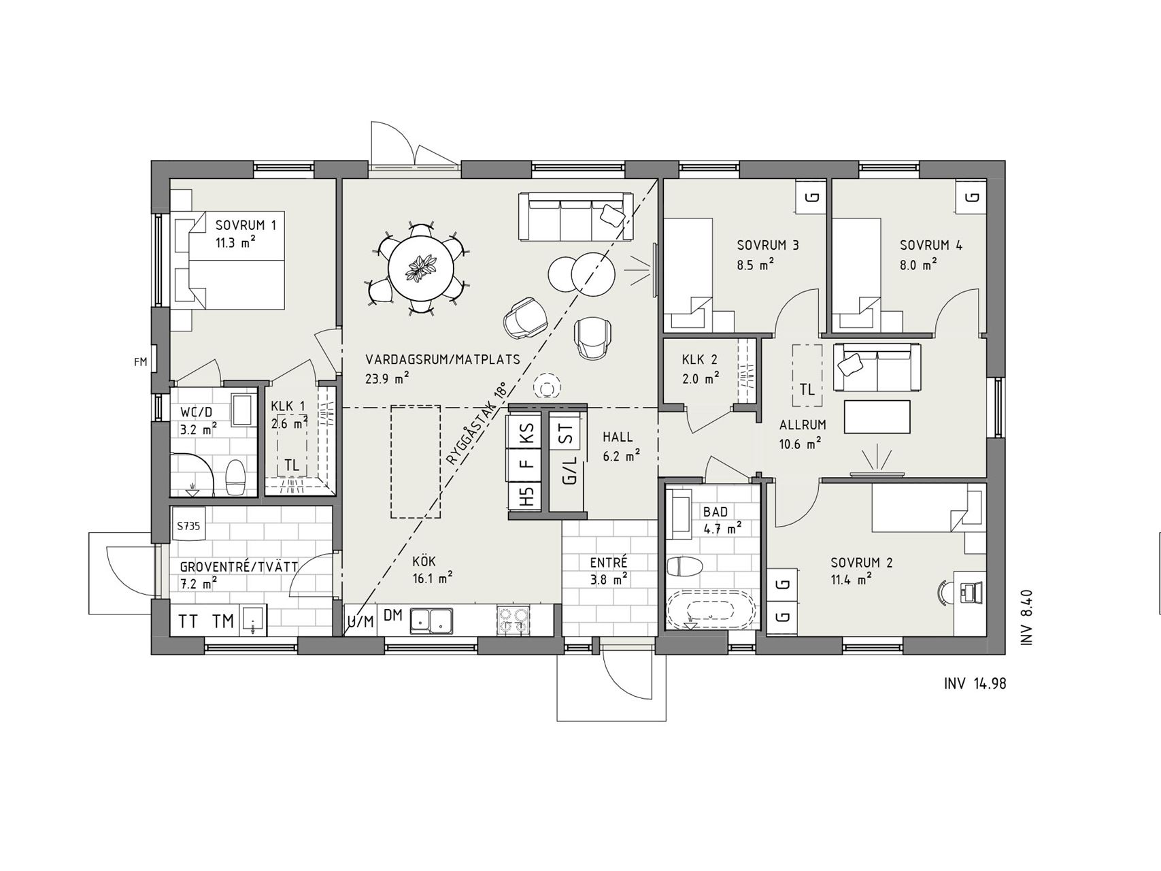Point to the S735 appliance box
point(188,525)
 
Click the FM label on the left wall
point(140,362)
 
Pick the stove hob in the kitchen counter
point(513,620)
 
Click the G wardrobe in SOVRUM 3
point(812,197)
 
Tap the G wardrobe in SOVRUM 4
point(973,197)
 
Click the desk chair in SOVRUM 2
point(945,591)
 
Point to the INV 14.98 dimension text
point(975,683)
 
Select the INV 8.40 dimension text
point(1027,617)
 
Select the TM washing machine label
point(223,621)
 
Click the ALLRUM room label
point(803,425)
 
